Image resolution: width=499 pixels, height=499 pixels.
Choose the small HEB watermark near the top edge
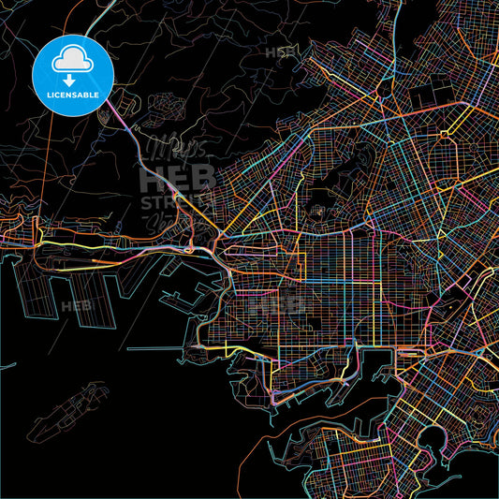281,52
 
